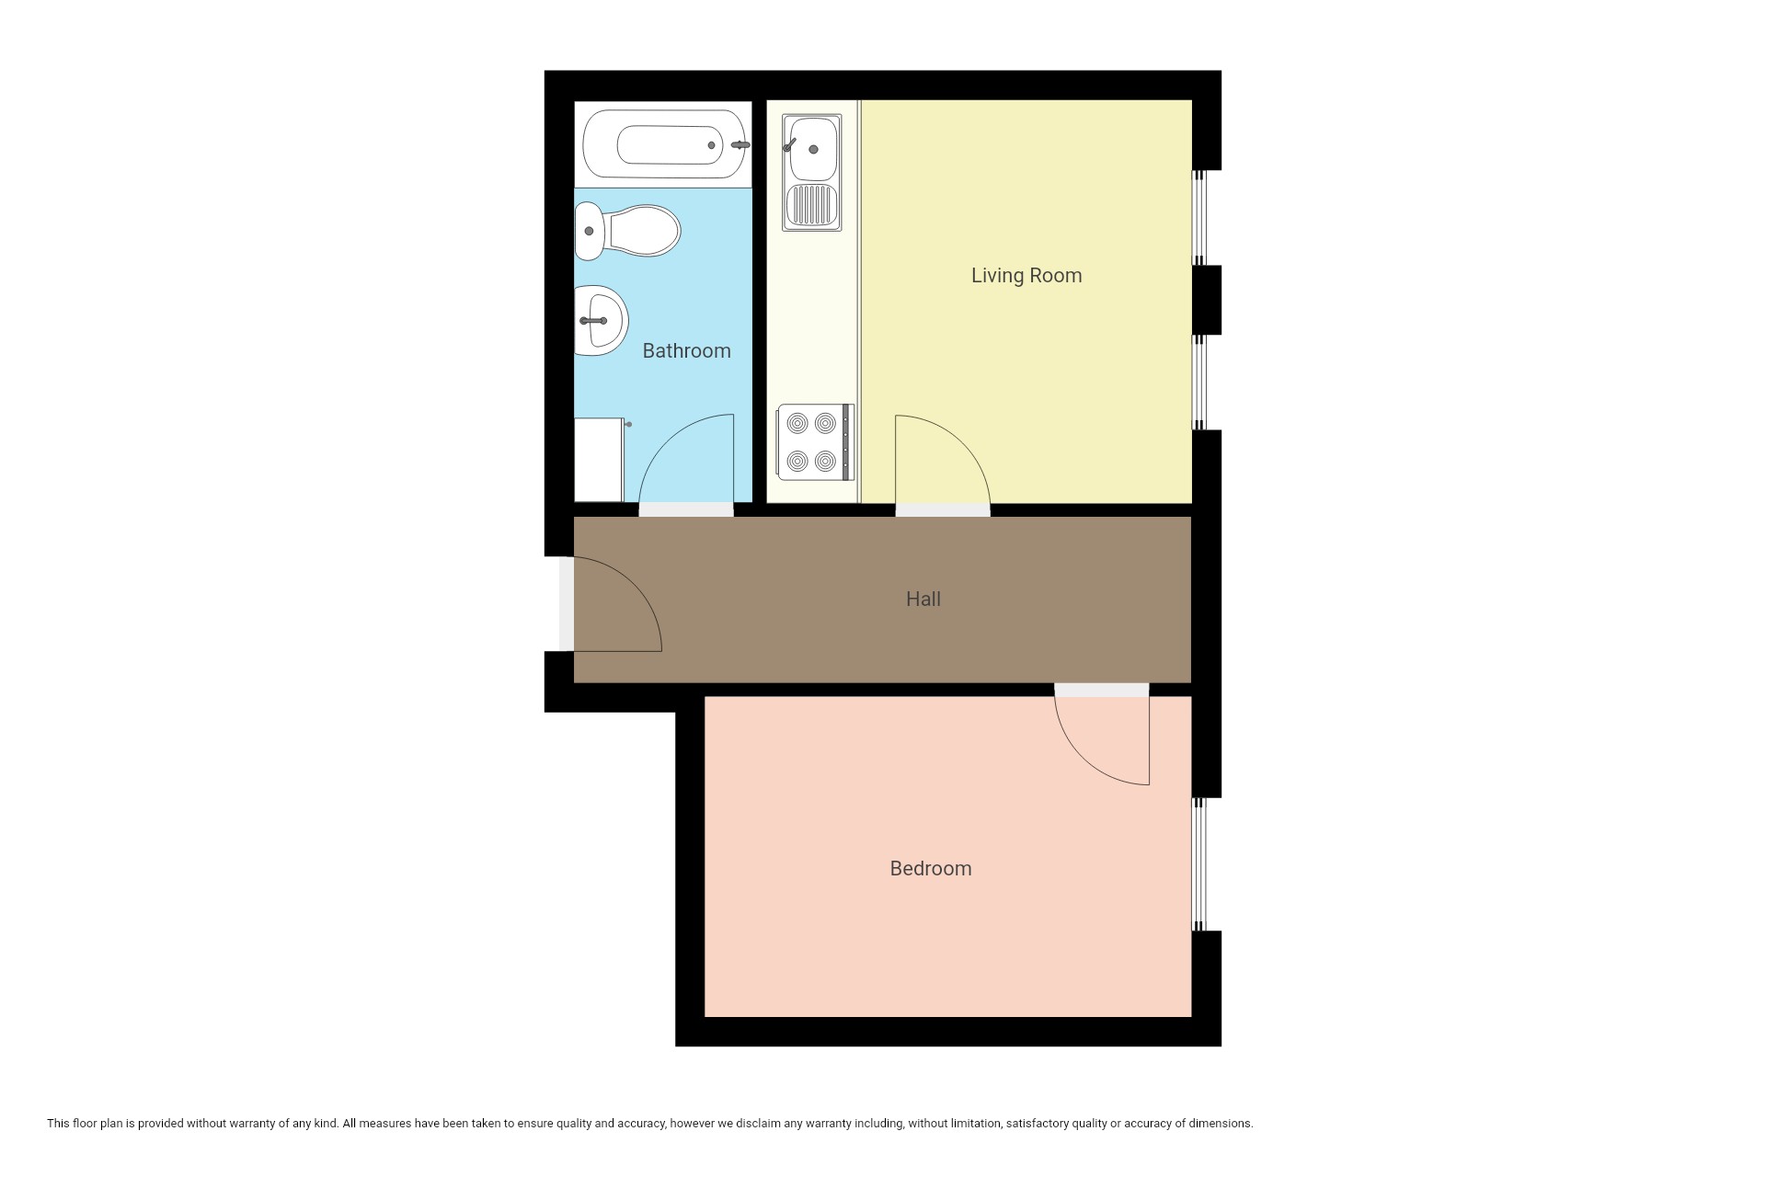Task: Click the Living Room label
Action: click(x=1026, y=275)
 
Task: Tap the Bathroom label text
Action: click(x=686, y=350)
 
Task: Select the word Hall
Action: click(x=923, y=599)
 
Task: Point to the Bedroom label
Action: click(x=931, y=868)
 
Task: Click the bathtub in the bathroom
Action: click(x=663, y=144)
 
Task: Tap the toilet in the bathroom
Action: click(x=627, y=231)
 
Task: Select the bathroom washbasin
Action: click(x=601, y=320)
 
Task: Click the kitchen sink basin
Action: click(x=811, y=147)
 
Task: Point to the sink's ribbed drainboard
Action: click(x=812, y=206)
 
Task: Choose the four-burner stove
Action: click(x=815, y=441)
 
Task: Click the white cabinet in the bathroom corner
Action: click(x=599, y=460)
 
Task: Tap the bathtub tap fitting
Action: click(x=740, y=145)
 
